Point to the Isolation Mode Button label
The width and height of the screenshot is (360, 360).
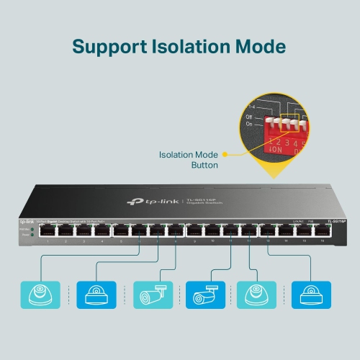(x=189, y=160)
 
